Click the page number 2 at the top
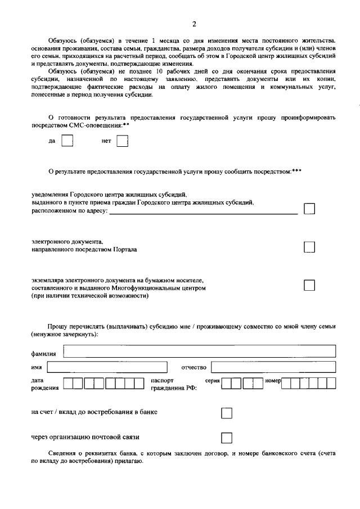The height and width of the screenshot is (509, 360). tap(194, 24)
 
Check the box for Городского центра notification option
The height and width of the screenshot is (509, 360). tap(309, 209)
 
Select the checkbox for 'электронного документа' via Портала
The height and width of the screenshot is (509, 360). tap(309, 247)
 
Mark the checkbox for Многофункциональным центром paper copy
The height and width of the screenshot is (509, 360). tap(309, 285)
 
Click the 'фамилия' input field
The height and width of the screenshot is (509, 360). tap(200, 352)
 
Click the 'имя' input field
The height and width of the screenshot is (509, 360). tap(107, 367)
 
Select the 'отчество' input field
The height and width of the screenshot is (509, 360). tap(273, 367)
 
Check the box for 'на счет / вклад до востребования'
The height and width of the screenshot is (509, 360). tap(227, 413)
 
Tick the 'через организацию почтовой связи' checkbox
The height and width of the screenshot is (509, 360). tap(227, 438)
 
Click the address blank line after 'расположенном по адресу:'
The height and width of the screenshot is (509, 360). tap(203, 213)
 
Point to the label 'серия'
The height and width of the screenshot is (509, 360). tap(212, 381)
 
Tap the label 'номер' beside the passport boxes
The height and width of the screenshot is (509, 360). tap(272, 381)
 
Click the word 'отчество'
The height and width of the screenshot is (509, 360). tap(193, 367)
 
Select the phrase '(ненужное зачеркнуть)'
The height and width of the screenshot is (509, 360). tap(64, 334)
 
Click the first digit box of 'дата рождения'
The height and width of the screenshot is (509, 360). tap(69, 384)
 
